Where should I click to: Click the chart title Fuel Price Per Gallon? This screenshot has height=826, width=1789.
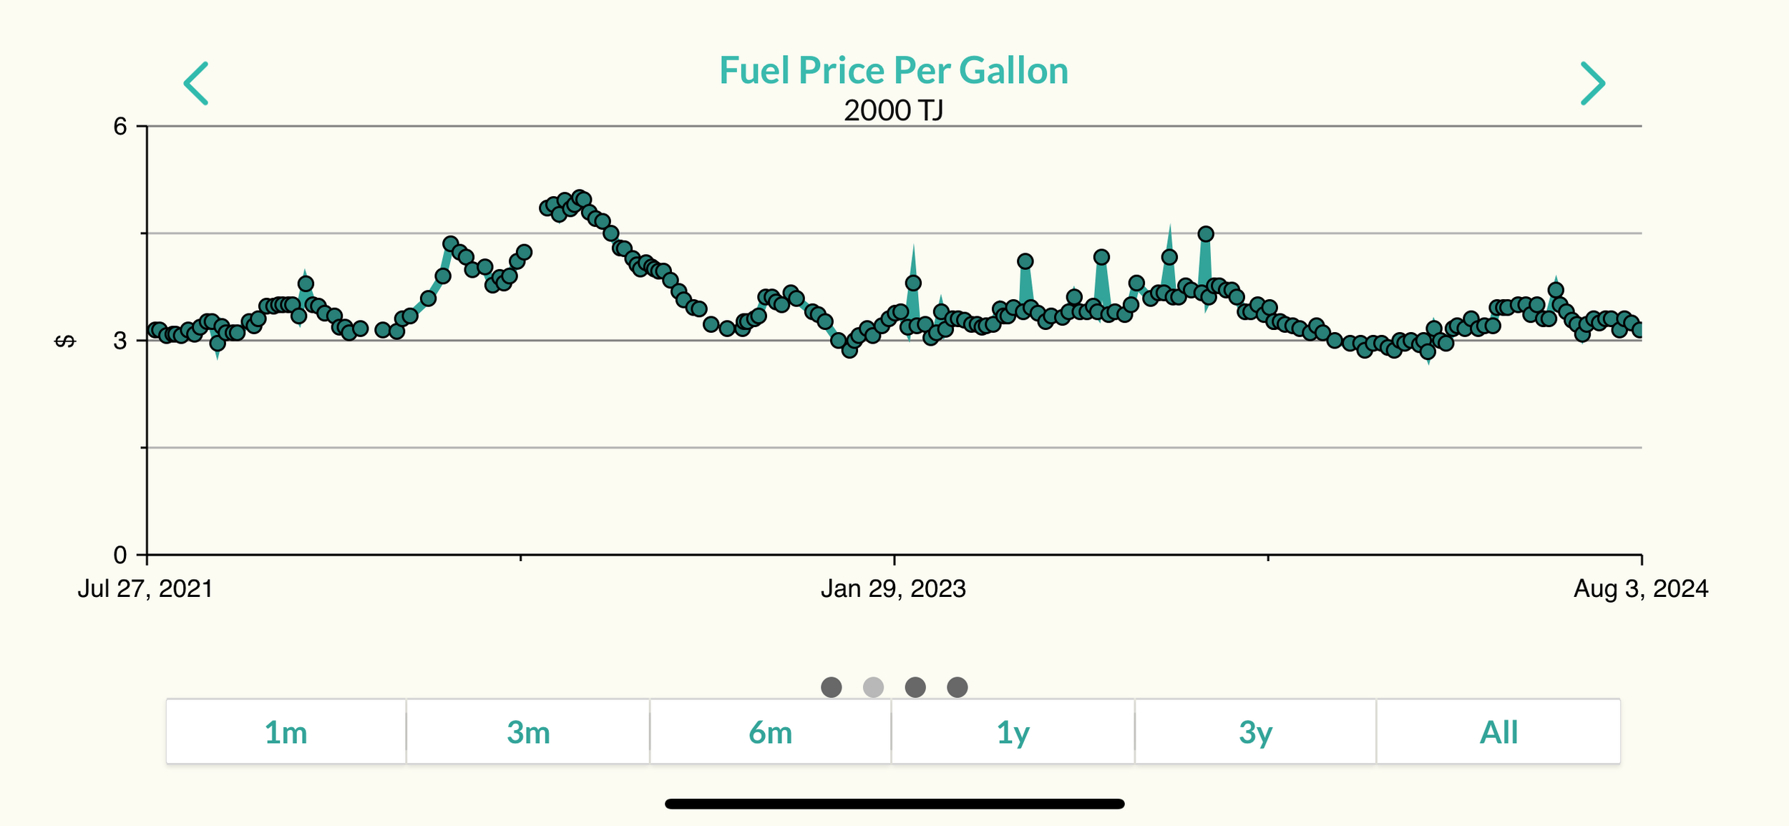click(893, 71)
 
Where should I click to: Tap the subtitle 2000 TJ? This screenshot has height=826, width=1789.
click(893, 111)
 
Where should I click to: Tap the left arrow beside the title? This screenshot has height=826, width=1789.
click(196, 83)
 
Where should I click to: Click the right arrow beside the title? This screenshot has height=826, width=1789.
click(1592, 83)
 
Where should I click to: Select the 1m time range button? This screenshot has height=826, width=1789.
click(286, 732)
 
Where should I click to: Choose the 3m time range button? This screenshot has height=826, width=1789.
click(528, 732)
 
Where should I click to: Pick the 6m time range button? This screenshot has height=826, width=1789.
click(770, 732)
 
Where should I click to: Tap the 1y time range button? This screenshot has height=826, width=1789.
click(1013, 732)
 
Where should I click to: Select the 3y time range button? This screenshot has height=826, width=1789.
click(1255, 732)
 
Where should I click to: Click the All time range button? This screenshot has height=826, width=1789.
click(1498, 732)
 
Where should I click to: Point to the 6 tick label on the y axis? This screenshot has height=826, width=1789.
click(120, 127)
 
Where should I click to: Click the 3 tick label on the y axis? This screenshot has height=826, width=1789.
click(120, 341)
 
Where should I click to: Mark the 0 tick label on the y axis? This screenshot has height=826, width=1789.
click(120, 555)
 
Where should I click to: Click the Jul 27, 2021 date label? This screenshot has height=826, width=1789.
click(145, 589)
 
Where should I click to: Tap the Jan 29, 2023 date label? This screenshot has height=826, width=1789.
click(893, 589)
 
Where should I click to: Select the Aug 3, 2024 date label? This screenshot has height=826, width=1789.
click(1640, 589)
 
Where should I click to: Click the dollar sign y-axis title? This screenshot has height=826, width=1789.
click(65, 341)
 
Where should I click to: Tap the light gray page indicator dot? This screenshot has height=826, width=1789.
click(873, 687)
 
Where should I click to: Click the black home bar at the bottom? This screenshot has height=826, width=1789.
click(894, 804)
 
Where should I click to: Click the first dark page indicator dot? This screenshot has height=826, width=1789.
click(831, 687)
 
